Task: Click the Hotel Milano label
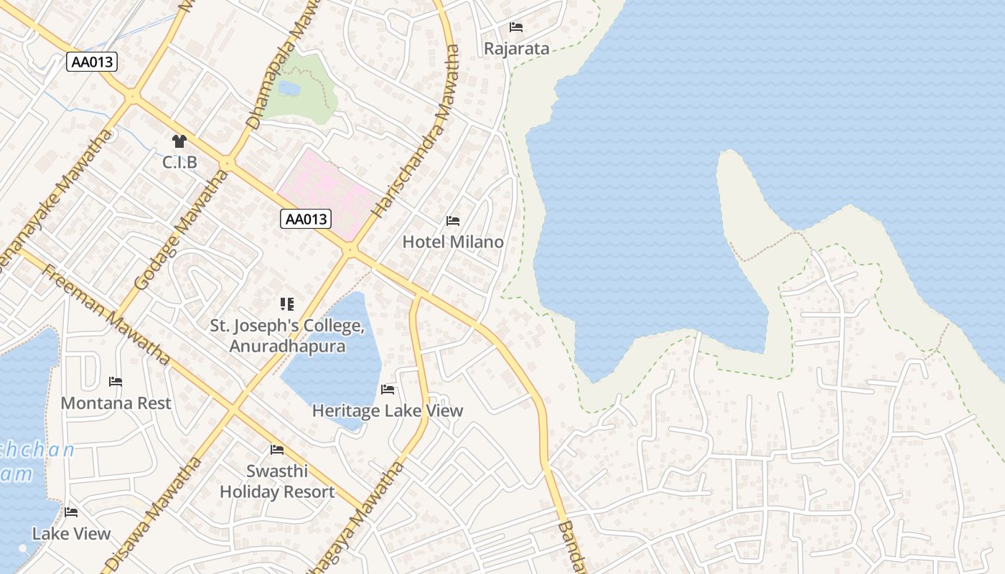(x=453, y=242)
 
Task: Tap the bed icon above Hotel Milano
(x=453, y=221)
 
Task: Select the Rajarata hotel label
(x=516, y=49)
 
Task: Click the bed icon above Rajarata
(x=516, y=27)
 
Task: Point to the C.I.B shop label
(x=179, y=163)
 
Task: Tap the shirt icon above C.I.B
(x=179, y=141)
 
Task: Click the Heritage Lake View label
(x=388, y=411)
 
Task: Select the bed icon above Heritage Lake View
(x=388, y=390)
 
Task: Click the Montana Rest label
(x=116, y=403)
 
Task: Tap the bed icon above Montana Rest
(x=116, y=381)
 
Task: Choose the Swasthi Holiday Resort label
(x=277, y=481)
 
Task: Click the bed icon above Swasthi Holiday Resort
(x=277, y=450)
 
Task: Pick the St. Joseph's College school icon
(x=287, y=304)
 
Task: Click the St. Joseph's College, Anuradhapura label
(x=287, y=336)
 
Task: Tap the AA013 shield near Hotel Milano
(x=306, y=220)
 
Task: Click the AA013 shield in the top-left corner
(x=93, y=62)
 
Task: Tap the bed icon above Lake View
(x=71, y=512)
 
